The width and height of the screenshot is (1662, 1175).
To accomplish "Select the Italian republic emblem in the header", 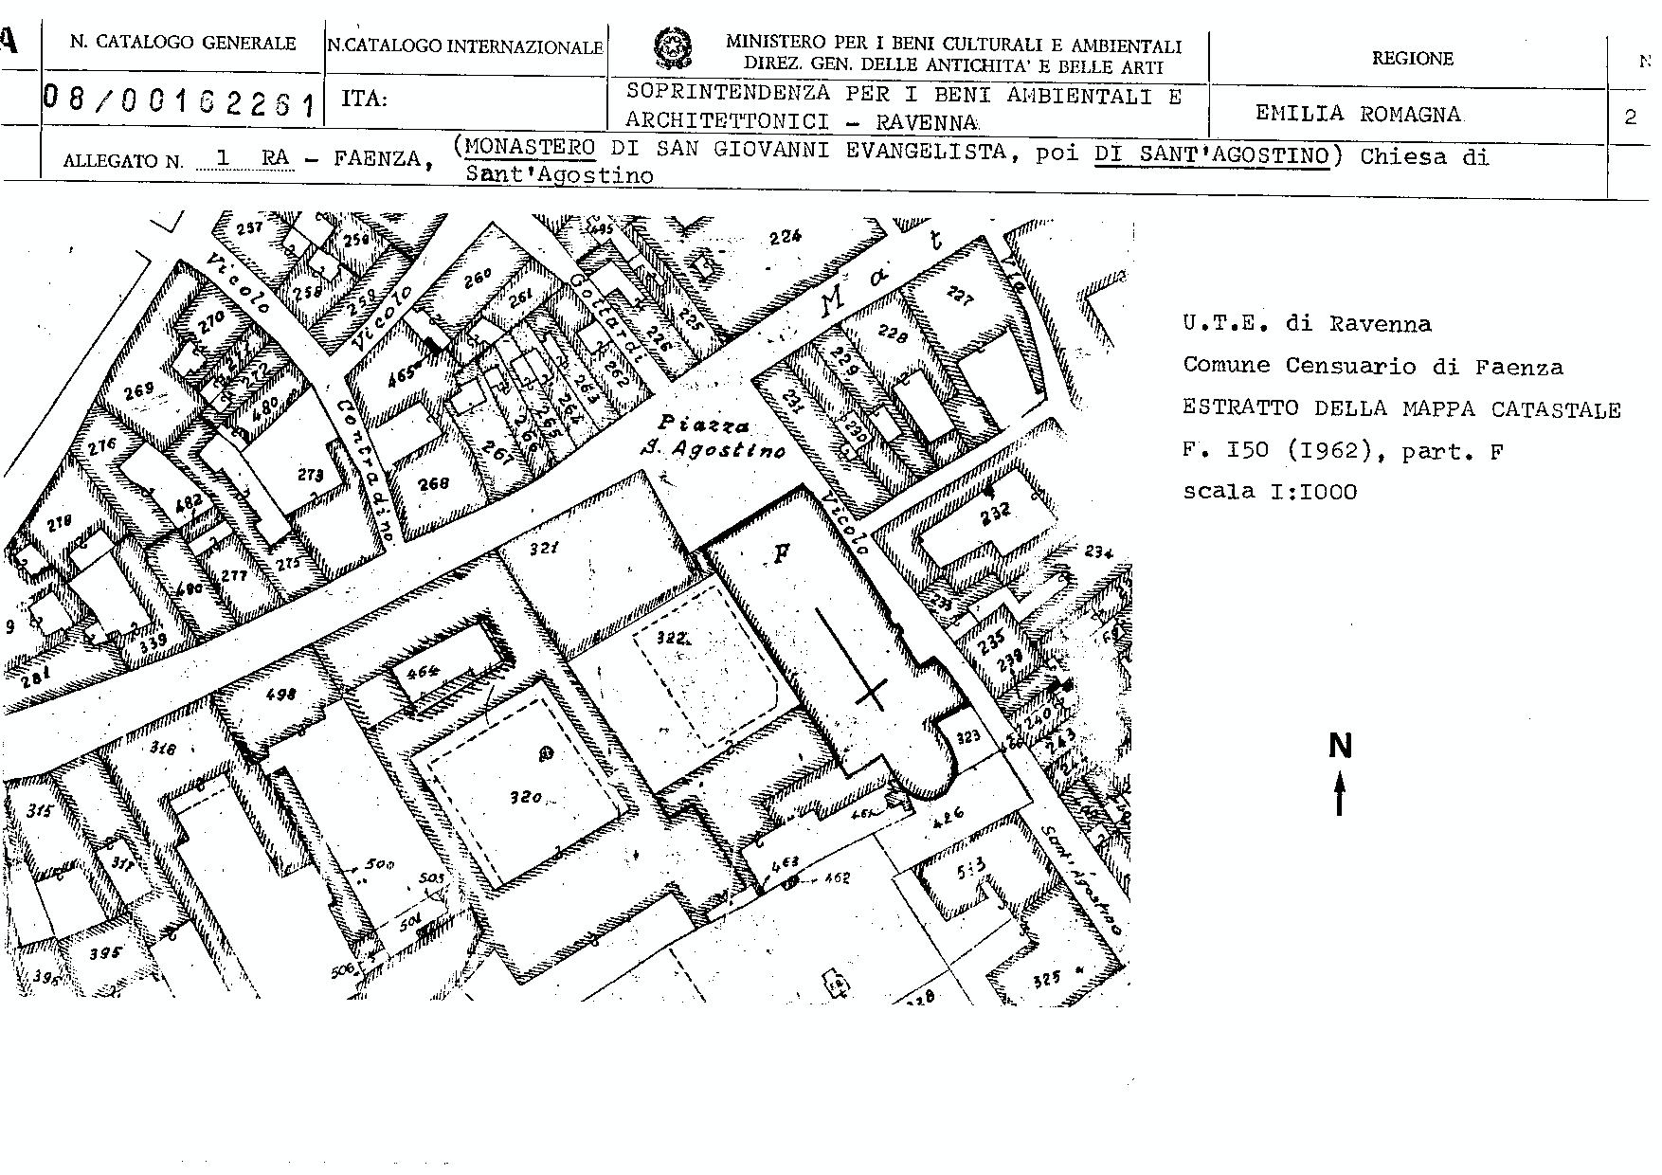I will [672, 48].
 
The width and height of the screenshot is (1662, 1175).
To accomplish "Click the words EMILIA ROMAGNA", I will [1358, 114].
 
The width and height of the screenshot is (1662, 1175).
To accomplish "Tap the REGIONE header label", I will [1412, 59].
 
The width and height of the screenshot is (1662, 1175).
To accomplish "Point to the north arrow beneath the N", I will [1340, 794].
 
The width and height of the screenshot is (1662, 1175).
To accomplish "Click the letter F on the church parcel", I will [782, 553].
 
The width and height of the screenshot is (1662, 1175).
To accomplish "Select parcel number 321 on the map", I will [543, 549].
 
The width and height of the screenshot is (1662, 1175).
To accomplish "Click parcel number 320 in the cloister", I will [525, 797].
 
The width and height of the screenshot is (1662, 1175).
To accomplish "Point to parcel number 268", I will [434, 483].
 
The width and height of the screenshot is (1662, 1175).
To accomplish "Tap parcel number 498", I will [281, 693].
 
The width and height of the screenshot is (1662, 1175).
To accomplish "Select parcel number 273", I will [310, 475].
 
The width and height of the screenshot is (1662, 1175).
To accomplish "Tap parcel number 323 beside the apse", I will [967, 736].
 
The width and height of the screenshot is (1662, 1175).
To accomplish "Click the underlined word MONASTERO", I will [531, 148].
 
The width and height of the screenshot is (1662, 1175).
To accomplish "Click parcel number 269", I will [138, 389].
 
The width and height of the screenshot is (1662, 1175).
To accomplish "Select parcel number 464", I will [423, 672].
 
